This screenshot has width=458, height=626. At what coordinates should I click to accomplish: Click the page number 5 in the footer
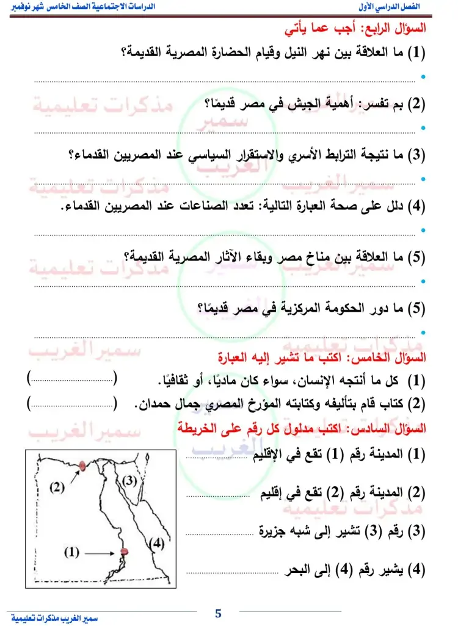tap(218, 613)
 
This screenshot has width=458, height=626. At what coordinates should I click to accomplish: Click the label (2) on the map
tap(57, 486)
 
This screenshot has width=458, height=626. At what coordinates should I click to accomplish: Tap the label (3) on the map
tap(129, 480)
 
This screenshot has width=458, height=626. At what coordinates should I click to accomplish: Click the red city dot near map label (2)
tap(81, 467)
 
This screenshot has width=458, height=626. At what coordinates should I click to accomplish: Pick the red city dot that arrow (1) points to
tap(124, 552)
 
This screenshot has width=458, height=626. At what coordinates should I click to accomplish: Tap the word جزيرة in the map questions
tap(274, 531)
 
